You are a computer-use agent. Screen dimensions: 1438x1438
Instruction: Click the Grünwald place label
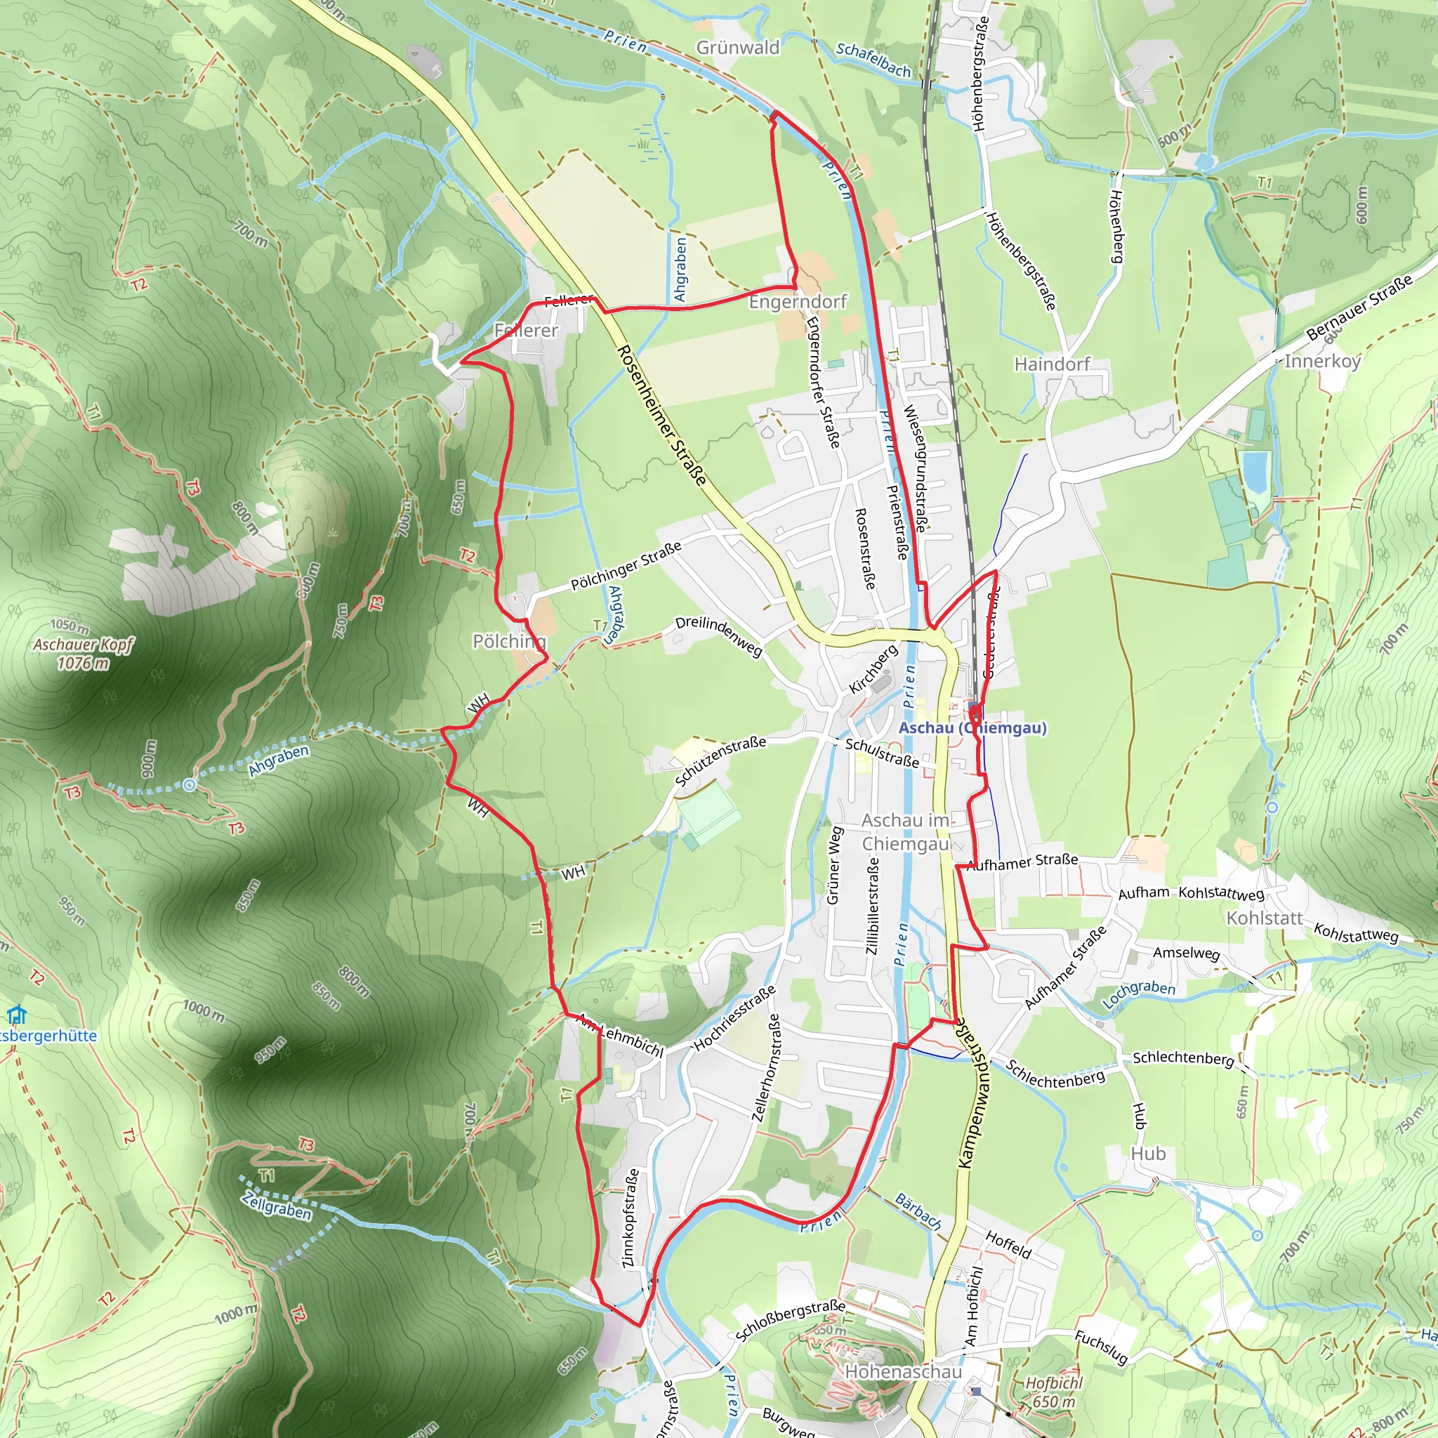738,48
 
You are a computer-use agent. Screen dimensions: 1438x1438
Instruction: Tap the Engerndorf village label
798,301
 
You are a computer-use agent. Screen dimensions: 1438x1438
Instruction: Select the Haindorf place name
1052,364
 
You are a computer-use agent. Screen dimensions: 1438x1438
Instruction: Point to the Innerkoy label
1323,361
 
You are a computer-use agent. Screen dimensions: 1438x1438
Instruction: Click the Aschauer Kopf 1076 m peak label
83,654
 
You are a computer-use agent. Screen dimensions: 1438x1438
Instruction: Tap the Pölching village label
509,641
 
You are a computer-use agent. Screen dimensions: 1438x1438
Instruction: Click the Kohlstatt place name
1265,918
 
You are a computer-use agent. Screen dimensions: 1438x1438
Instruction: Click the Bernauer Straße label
1359,308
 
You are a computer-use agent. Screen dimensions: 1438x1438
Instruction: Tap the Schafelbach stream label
873,60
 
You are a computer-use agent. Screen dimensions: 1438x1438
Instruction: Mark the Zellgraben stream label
276,1205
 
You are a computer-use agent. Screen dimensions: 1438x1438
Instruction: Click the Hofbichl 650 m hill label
1053,1392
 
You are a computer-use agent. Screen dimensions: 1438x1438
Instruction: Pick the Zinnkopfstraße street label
630,1218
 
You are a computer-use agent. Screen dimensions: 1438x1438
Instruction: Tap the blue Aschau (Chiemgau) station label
972,728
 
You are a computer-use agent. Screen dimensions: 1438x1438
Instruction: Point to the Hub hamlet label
1148,1154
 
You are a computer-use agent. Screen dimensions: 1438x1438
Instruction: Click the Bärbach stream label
918,1212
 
